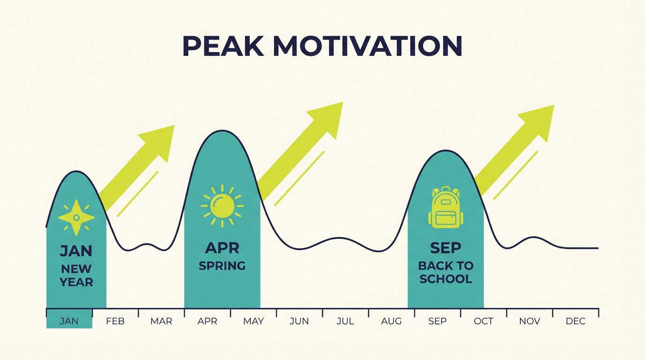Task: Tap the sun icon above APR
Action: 222,206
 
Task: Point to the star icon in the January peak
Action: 76,217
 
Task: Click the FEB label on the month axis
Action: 115,321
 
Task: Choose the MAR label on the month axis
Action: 161,321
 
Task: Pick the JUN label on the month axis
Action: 299,321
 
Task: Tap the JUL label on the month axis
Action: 345,321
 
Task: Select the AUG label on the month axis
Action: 391,321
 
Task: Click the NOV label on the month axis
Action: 530,321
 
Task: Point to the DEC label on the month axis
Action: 576,321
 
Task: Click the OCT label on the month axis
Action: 483,321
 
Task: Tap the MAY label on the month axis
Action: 253,321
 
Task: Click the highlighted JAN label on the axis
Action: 69,321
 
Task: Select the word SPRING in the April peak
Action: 222,266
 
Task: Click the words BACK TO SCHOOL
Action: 445,272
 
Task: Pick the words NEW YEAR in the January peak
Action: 76,276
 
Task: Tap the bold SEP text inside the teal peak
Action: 445,247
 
